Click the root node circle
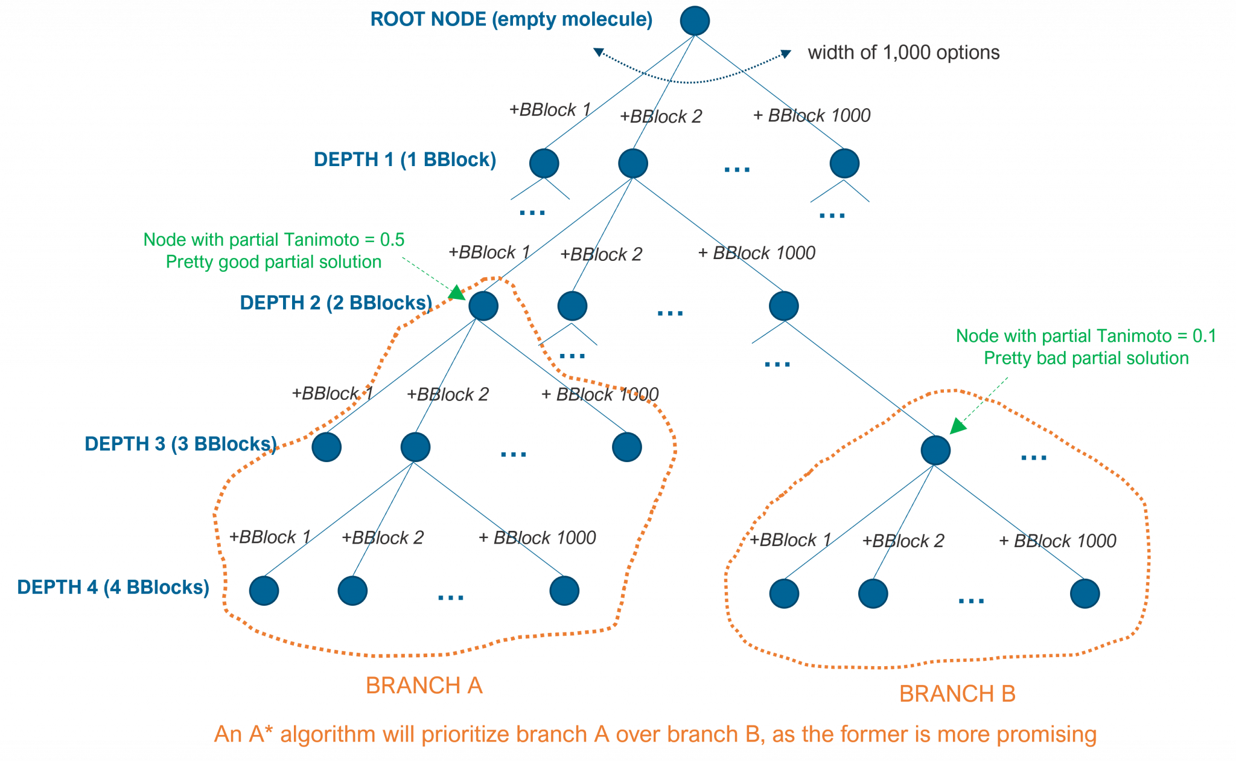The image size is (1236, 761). tap(695, 21)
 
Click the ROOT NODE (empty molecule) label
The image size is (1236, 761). tap(511, 19)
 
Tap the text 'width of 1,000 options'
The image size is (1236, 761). tap(903, 53)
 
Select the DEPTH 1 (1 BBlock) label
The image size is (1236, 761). tap(404, 160)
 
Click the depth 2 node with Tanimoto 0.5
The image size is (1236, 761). tap(483, 306)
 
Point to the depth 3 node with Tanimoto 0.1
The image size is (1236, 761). tap(935, 450)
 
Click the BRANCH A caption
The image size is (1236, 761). tap(424, 686)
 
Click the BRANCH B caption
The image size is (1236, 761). tap(957, 694)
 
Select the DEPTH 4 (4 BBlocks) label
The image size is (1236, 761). tap(113, 587)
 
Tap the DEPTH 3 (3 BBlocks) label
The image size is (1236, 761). tap(180, 444)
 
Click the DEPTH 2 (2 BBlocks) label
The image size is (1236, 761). tap(336, 303)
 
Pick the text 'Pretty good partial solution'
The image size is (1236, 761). tap(273, 262)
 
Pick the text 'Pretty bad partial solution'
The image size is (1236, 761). tap(1086, 358)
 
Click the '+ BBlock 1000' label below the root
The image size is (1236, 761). tap(812, 115)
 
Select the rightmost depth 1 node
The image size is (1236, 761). tap(844, 164)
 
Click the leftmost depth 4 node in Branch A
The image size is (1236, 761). tap(264, 590)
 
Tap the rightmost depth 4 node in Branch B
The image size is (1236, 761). tap(1085, 593)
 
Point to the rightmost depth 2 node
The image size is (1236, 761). tap(783, 306)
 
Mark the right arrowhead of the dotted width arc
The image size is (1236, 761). tap(786, 54)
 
